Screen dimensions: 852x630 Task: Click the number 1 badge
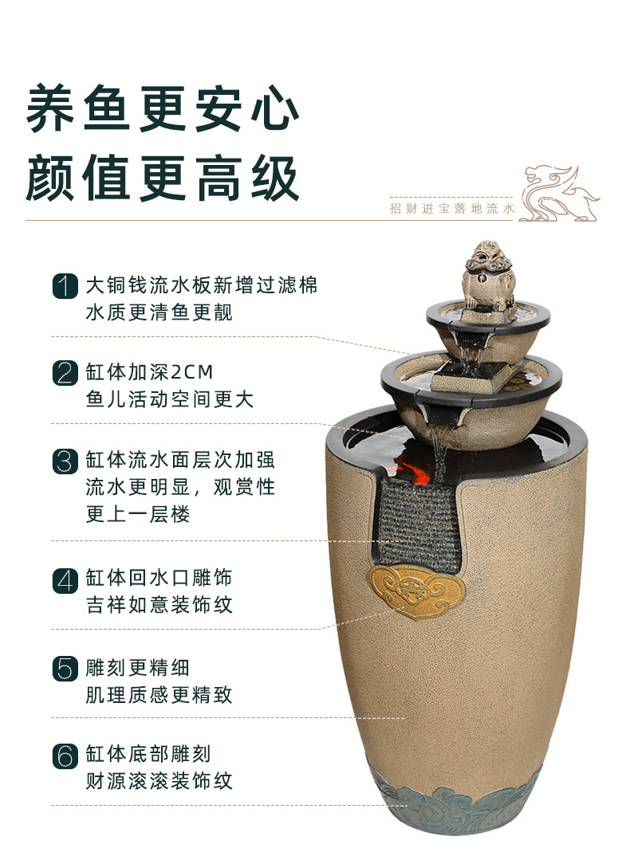[65, 285]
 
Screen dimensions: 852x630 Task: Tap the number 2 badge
[65, 373]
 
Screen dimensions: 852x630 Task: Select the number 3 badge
[65, 461]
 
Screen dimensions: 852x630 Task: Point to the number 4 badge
[65, 579]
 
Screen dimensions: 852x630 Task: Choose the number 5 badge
[65, 668]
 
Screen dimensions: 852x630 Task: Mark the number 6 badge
[65, 755]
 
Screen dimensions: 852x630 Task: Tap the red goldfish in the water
[415, 470]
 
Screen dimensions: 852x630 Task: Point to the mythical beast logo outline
[559, 193]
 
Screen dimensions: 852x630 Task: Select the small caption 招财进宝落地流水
[452, 209]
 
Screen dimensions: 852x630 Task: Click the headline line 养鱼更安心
[163, 108]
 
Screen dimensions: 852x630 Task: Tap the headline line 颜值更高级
[163, 177]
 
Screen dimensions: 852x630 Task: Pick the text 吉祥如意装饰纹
[159, 605]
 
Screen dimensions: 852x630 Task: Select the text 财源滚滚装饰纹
[159, 780]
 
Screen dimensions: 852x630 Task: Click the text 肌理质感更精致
[159, 694]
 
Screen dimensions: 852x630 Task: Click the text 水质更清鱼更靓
[159, 312]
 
